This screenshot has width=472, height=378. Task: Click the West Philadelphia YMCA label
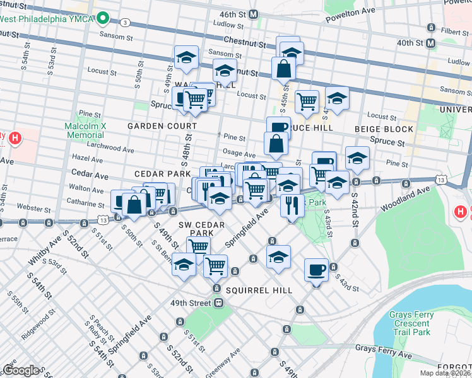pyautogui.click(x=47, y=18)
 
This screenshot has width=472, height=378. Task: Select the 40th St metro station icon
pyautogui.click(x=431, y=43)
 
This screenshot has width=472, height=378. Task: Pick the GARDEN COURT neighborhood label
pyautogui.click(x=153, y=126)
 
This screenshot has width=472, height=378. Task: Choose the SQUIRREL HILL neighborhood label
pyautogui.click(x=256, y=290)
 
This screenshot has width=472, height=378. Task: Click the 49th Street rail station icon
pyautogui.click(x=218, y=303)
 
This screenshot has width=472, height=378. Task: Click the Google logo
pyautogui.click(x=21, y=370)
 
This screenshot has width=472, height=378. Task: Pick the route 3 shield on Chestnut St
pyautogui.click(x=125, y=23)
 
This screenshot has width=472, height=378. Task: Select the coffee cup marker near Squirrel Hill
pyautogui.click(x=316, y=270)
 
